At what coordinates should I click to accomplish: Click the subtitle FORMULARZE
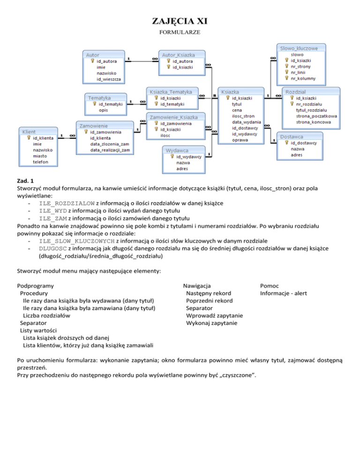tap(180, 34)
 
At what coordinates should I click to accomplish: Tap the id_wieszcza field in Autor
tap(109, 79)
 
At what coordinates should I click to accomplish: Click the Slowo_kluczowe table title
tap(299, 48)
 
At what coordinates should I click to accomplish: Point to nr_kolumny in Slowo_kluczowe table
tap(303, 78)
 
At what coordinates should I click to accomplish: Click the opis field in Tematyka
tap(103, 110)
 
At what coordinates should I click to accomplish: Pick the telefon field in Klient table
tap(41, 162)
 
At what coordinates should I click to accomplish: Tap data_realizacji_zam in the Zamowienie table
tap(110, 150)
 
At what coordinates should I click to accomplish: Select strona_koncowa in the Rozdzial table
tap(313, 122)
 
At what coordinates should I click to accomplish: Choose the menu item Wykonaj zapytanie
tap(211, 323)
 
